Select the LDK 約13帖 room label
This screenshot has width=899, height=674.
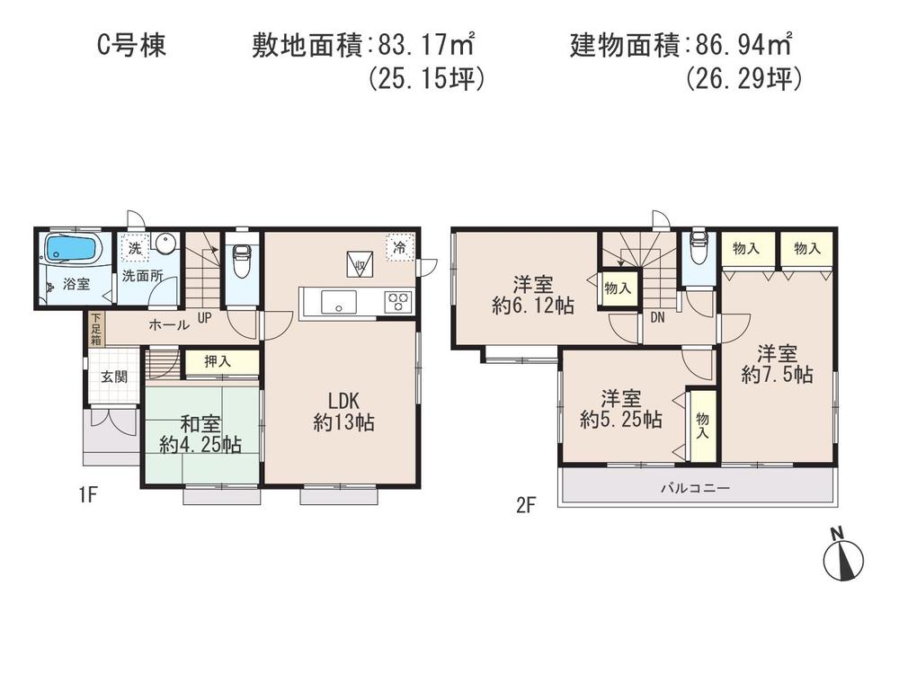point(343,412)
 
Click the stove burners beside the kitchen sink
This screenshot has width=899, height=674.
point(397,302)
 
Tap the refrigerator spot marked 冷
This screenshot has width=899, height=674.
point(397,244)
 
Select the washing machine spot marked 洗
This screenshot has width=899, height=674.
point(133,246)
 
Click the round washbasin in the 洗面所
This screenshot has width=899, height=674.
point(164,244)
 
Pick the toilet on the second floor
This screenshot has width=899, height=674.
point(698,249)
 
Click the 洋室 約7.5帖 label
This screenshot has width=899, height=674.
point(778,363)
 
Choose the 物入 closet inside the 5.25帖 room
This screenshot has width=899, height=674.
point(701,424)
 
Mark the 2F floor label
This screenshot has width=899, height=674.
point(526,504)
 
